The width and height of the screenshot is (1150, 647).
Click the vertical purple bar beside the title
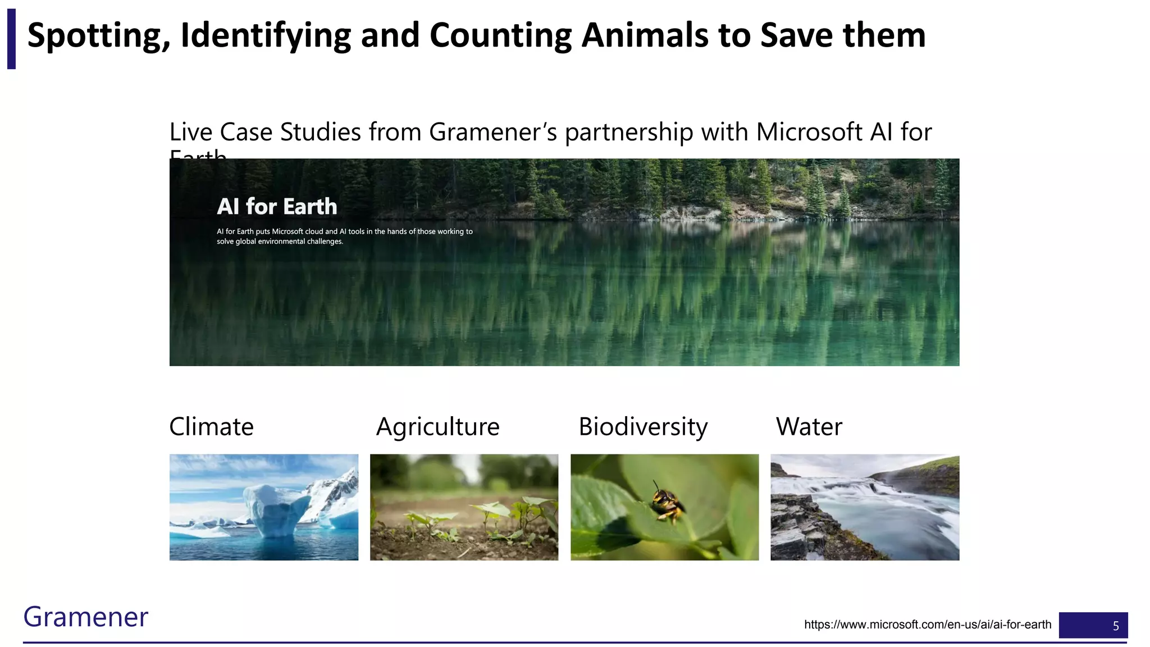(11, 39)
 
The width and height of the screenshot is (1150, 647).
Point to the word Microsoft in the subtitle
(809, 133)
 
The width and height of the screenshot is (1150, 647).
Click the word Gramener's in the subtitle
(493, 133)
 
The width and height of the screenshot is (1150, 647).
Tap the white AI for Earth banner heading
(277, 207)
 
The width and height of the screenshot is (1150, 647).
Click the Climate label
(211, 427)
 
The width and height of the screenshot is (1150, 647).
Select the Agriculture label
(437, 427)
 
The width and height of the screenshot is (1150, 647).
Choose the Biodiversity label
(643, 427)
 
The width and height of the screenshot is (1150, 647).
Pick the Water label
(809, 427)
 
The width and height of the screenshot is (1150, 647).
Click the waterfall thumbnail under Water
(865, 507)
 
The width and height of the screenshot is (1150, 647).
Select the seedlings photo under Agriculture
(464, 507)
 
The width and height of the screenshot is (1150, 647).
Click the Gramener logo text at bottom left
(85, 617)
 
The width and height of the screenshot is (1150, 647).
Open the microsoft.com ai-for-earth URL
(927, 625)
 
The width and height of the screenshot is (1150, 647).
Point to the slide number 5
(1116, 626)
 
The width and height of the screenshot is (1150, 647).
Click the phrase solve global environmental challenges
(280, 242)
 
